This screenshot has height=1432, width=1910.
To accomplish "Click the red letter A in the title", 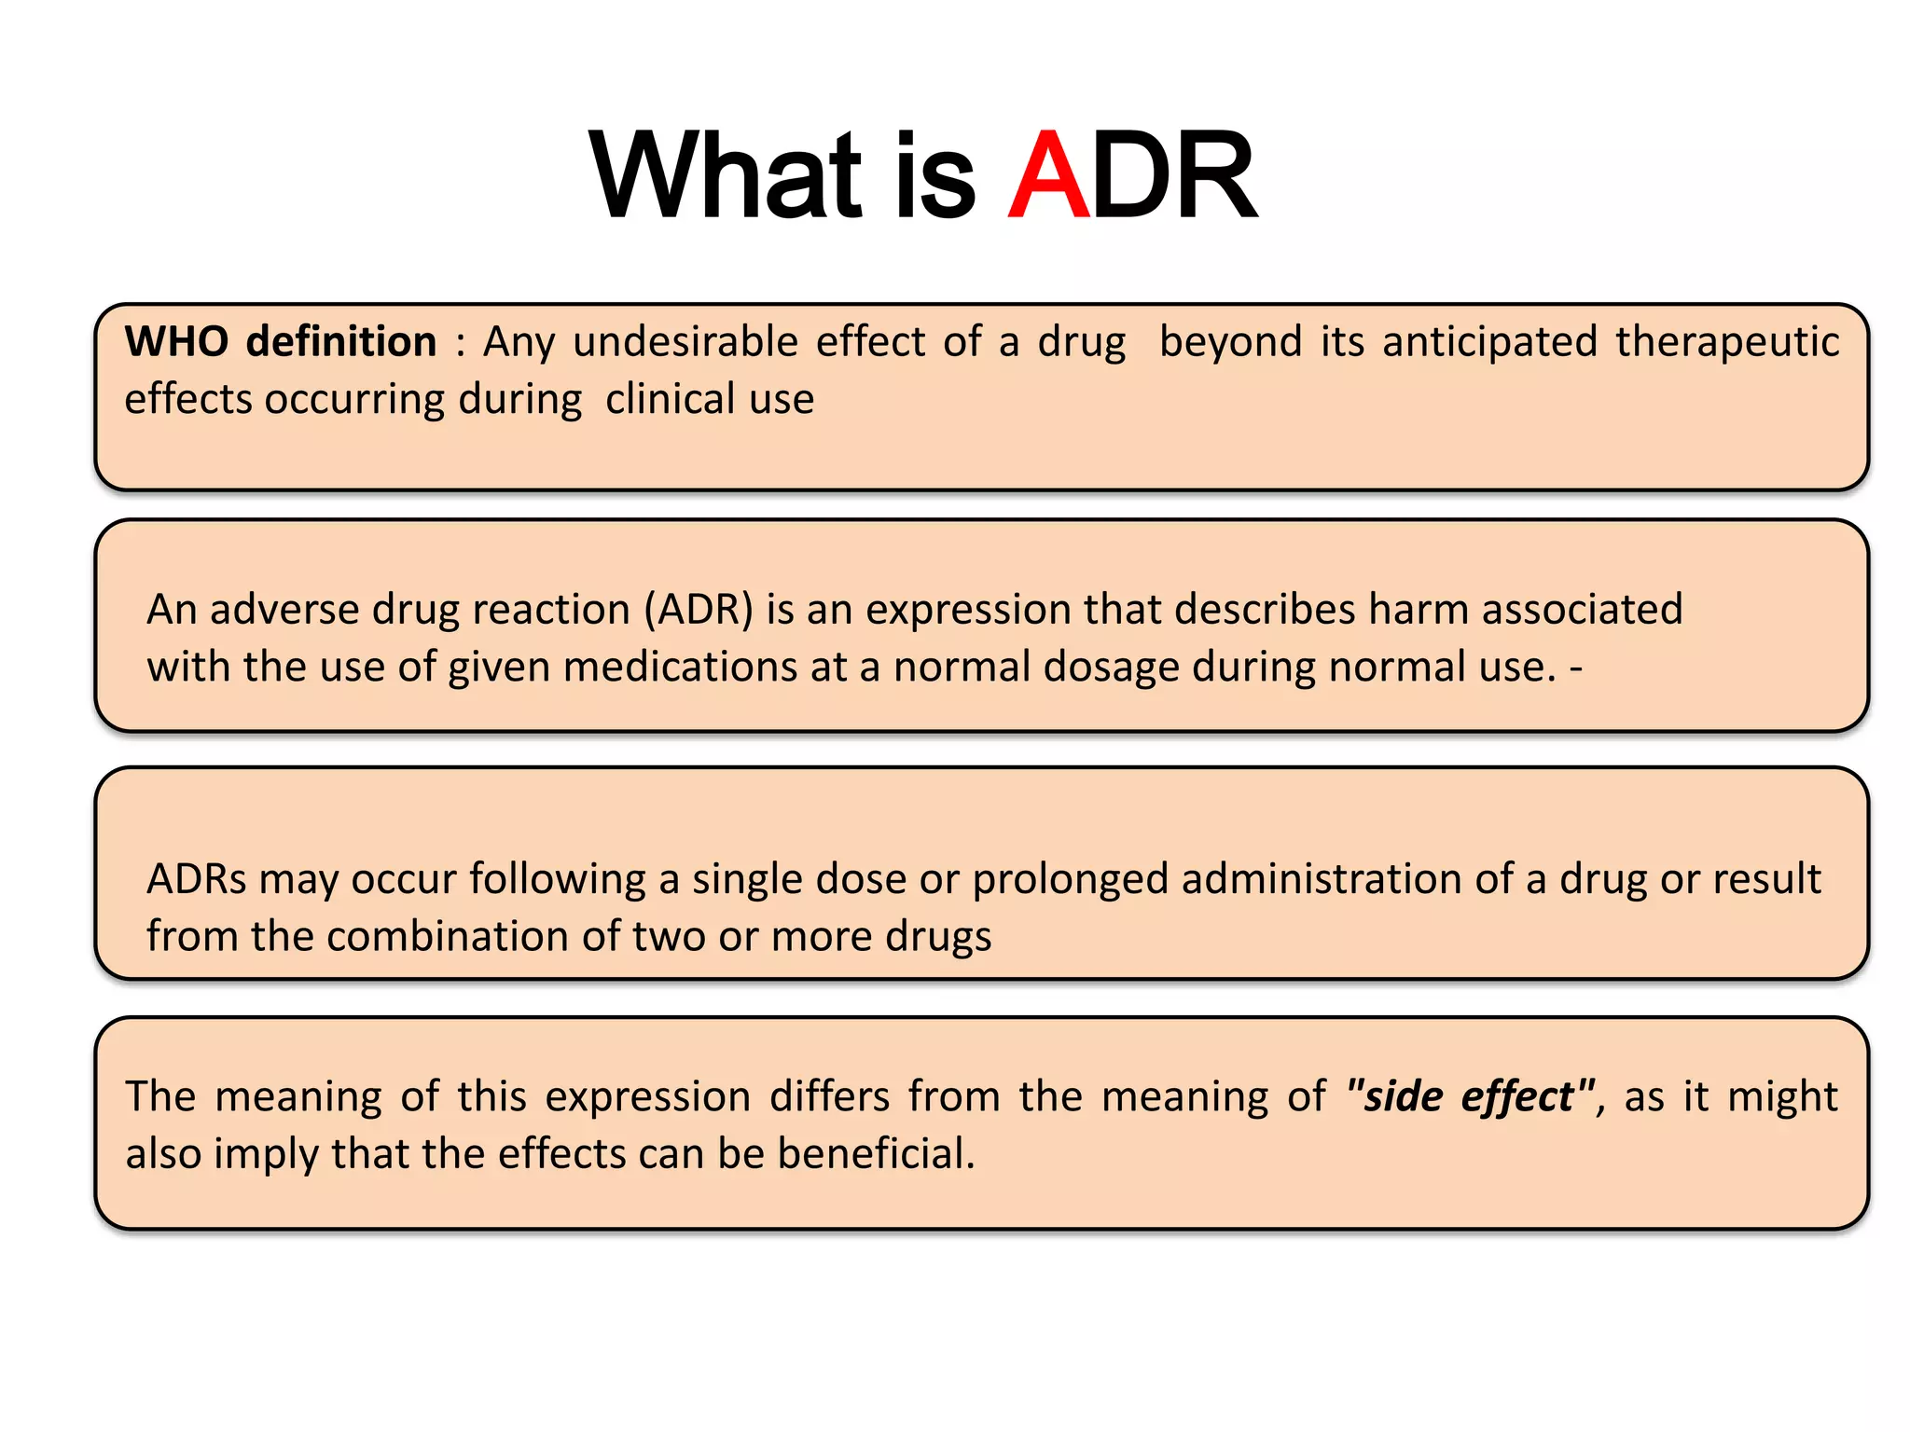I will (1049, 175).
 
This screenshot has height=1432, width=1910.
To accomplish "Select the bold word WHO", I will (176, 342).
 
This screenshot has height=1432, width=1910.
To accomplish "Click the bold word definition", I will (341, 342).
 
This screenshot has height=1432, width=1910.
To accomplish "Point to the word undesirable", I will (685, 342).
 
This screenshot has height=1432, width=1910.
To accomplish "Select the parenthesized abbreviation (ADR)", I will (698, 610).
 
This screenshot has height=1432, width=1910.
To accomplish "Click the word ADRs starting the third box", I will (196, 879).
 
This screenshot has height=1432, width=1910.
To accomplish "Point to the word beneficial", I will (876, 1154).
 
